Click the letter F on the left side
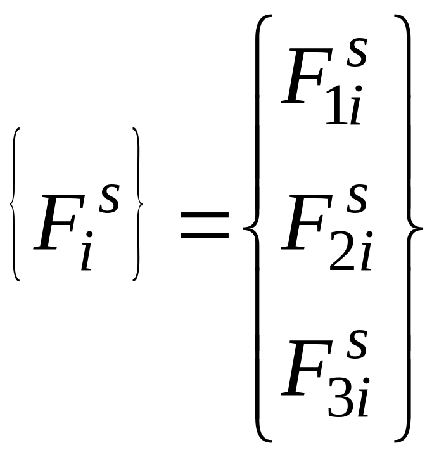[58, 222]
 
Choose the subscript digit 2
[342, 254]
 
